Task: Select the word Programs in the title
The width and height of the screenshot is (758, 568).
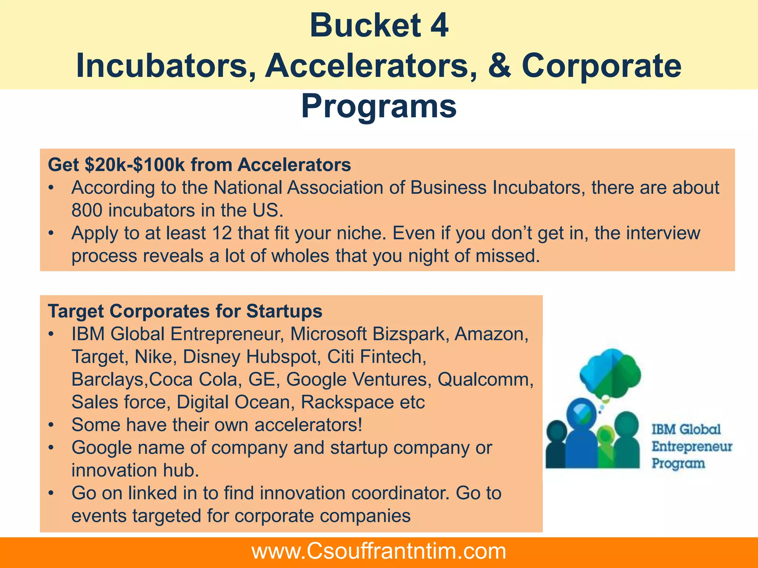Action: pyautogui.click(x=379, y=106)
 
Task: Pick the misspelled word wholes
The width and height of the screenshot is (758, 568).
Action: pyautogui.click(x=300, y=256)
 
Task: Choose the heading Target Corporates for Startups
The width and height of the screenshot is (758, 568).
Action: pyautogui.click(x=185, y=311)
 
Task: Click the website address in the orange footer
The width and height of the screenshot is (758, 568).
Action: pyautogui.click(x=379, y=551)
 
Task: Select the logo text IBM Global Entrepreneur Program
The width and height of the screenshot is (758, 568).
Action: pyautogui.click(x=691, y=446)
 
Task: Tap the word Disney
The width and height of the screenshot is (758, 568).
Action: pyautogui.click(x=211, y=357)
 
